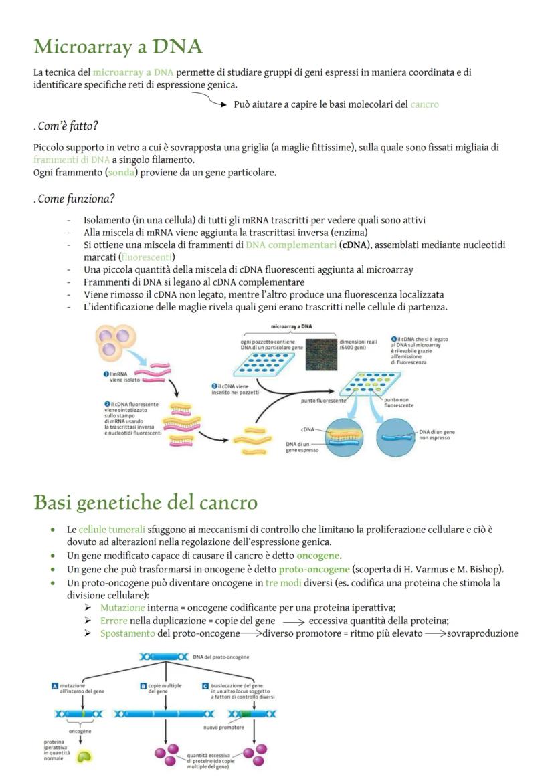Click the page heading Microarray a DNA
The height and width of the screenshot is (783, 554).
pyautogui.click(x=118, y=47)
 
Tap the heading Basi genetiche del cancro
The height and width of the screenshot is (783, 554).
pyautogui.click(x=145, y=502)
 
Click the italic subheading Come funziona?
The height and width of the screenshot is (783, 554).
pyautogui.click(x=74, y=199)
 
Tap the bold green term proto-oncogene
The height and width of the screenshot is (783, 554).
pyautogui.click(x=314, y=569)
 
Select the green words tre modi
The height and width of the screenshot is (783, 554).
pyautogui.click(x=284, y=582)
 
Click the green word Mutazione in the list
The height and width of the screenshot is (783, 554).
pyautogui.click(x=122, y=608)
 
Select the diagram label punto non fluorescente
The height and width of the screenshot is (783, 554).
pyautogui.click(x=399, y=402)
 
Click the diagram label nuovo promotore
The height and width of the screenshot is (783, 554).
pyautogui.click(x=223, y=727)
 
